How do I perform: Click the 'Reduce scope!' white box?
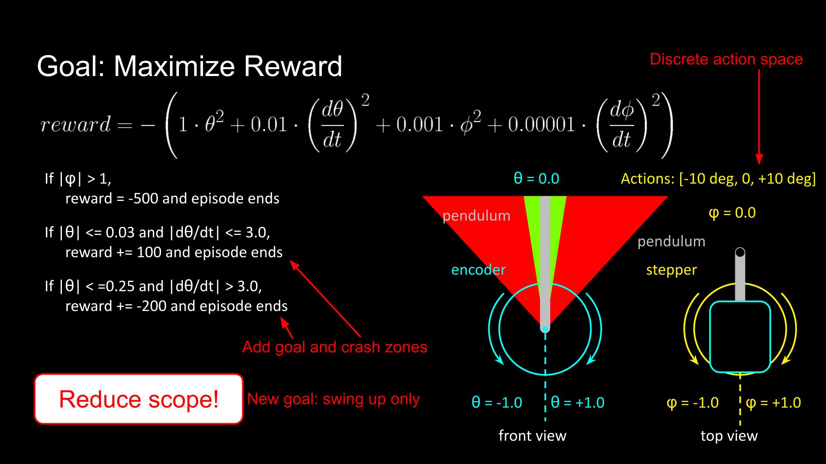tap(139, 399)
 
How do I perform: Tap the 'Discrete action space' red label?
tap(726, 59)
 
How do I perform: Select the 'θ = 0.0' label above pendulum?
tap(536, 178)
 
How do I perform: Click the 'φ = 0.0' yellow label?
tap(732, 213)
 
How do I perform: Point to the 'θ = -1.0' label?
tap(496, 403)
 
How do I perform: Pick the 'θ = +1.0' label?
tap(577, 403)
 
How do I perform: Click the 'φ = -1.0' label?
tap(692, 403)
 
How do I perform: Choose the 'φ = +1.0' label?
tap(773, 403)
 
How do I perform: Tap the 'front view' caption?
tap(532, 436)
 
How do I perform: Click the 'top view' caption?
tap(729, 436)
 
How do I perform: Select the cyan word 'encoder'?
tap(478, 270)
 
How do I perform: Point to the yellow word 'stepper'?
tap(671, 270)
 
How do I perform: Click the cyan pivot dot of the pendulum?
tap(545, 329)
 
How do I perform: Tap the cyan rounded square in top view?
tap(740, 337)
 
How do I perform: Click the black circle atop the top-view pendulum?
tap(740, 252)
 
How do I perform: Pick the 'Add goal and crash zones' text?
tap(335, 347)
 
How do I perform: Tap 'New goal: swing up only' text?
tap(333, 399)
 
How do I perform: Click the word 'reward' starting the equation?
tap(76, 125)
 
